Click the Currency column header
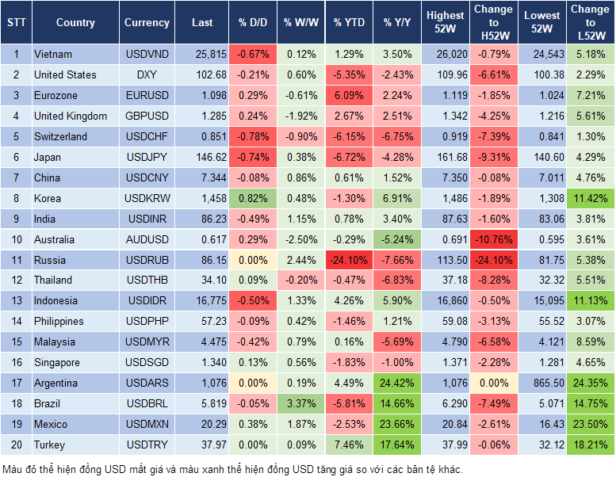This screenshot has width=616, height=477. [x=147, y=23]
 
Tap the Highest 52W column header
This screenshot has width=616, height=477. [x=445, y=23]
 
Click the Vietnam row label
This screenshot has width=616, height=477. [x=53, y=55]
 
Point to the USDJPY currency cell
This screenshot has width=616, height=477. [x=147, y=157]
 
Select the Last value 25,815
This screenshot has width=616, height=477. [x=202, y=55]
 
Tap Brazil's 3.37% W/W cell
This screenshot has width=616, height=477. [x=299, y=403]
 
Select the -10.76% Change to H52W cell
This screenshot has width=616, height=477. [x=493, y=239]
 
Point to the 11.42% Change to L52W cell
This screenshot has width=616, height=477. [x=590, y=198]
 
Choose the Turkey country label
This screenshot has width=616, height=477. [x=50, y=445]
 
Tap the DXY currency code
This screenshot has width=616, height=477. [x=147, y=74]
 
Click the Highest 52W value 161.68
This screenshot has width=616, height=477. [x=445, y=157]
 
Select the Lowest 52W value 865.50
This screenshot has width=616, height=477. [x=541, y=383]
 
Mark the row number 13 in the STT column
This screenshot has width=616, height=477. [x=15, y=300]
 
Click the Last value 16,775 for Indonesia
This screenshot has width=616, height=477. [x=202, y=300]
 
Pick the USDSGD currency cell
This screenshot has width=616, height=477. [x=147, y=362]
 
